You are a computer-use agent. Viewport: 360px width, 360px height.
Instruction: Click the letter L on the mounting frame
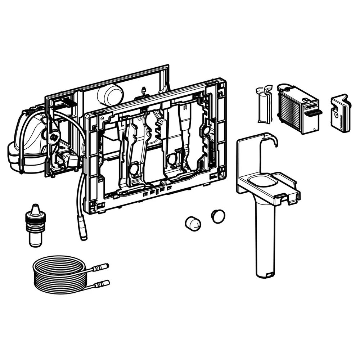point(122,125)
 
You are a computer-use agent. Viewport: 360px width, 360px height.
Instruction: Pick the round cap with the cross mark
point(193,224)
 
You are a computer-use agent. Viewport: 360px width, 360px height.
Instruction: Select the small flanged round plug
point(218,216)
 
